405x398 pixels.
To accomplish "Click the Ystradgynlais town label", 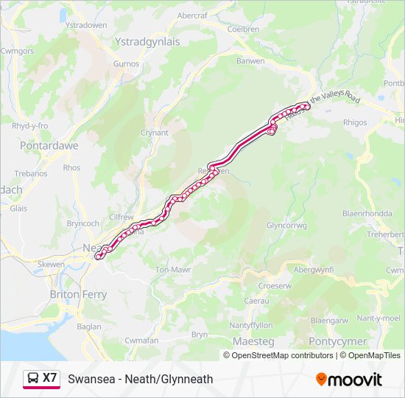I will pyautogui.click(x=147, y=42).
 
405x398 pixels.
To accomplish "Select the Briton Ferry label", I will pyautogui.click(x=78, y=294).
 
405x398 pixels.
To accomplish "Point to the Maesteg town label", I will pyautogui.click(x=253, y=342).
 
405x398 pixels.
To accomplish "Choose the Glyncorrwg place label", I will pyautogui.click(x=286, y=226).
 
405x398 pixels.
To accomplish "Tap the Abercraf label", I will pyautogui.click(x=192, y=15).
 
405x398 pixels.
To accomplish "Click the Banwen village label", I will pyautogui.click(x=250, y=60).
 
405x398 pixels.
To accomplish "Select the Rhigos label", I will pyautogui.click(x=355, y=122).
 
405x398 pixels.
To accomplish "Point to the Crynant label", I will pyautogui.click(x=155, y=133).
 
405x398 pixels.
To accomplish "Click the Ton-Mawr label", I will pyautogui.click(x=173, y=270).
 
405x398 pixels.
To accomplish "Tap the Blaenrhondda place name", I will pyautogui.click(x=364, y=213).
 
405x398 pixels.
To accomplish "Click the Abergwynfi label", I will pyautogui.click(x=314, y=270).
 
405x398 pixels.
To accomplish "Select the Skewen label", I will pyautogui.click(x=51, y=263).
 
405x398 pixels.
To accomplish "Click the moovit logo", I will pyautogui.click(x=349, y=379).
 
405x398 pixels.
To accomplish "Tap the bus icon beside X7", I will pyautogui.click(x=33, y=379).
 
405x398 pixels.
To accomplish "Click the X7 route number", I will pyautogui.click(x=49, y=378).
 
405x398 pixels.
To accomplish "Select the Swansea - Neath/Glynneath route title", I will pyautogui.click(x=140, y=379).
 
